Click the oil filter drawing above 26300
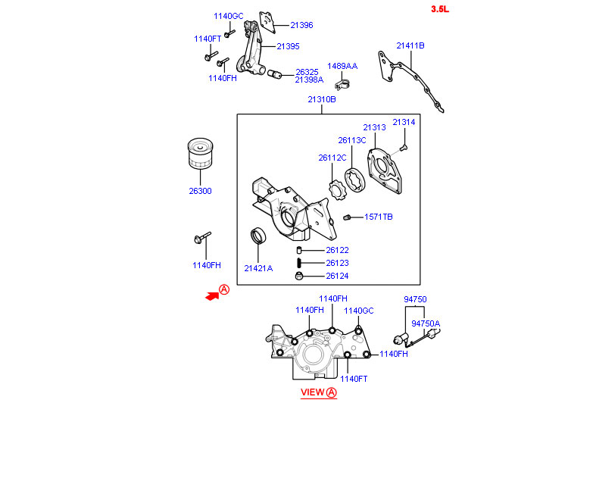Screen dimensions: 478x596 tap(201, 155)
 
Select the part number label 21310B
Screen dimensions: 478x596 tap(321, 100)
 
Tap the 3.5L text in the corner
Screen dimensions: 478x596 tap(439, 9)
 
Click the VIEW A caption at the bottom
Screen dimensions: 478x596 tap(318, 392)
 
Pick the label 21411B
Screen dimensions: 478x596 tap(410, 45)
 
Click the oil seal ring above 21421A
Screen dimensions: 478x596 tap(259, 236)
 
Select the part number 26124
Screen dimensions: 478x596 tap(337, 276)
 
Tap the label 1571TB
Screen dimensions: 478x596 tap(378, 217)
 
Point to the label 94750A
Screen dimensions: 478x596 tap(425, 323)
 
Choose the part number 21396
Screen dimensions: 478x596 tap(301, 25)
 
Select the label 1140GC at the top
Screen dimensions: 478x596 tap(228, 16)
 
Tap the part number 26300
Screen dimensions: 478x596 tap(200, 191)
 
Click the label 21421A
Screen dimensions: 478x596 tap(258, 268)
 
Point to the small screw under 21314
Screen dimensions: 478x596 tap(404, 145)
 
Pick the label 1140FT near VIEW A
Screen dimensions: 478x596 tap(353, 379)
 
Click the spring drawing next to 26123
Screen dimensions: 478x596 tap(300, 263)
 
